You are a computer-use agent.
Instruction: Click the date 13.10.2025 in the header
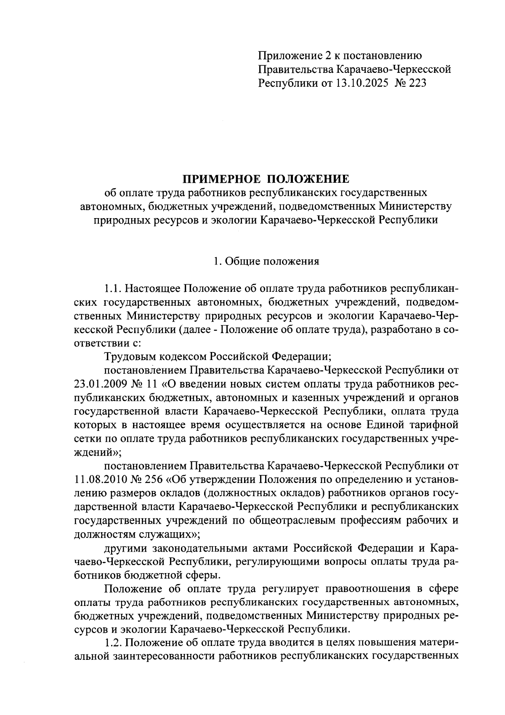[361, 83]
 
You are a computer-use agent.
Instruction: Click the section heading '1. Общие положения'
[266, 261]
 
